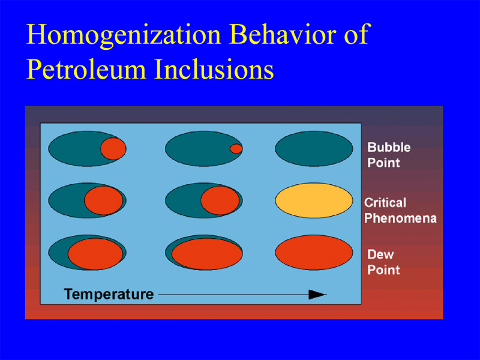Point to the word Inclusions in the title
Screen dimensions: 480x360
point(214,68)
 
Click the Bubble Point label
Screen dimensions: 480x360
point(389,155)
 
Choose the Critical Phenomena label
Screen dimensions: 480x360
point(400,211)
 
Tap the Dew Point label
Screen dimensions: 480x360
point(383,262)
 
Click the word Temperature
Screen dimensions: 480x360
point(109,294)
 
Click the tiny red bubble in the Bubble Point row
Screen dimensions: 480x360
point(236,149)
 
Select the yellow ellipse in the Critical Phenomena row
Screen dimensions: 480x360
point(314,200)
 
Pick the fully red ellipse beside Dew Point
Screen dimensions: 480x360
point(314,253)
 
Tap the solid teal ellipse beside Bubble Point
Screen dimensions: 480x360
point(314,149)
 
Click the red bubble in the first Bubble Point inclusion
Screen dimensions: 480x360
point(113,149)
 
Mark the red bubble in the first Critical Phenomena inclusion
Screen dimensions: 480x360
point(103,200)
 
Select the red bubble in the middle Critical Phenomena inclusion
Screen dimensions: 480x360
point(220,200)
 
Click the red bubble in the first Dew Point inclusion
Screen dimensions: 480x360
point(95,254)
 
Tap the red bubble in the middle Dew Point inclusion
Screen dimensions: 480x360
point(207,254)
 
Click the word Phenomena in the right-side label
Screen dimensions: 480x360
point(400,218)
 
